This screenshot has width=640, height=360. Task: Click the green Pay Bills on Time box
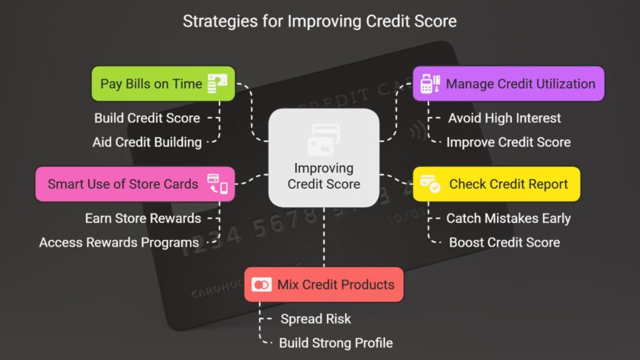click(163, 84)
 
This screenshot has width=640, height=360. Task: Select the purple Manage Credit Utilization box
click(509, 84)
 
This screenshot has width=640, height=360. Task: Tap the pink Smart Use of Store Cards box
click(135, 184)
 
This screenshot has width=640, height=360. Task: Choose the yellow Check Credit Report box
click(496, 184)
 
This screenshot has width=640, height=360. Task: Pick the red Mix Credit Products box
click(324, 284)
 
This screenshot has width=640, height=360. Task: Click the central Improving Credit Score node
click(324, 157)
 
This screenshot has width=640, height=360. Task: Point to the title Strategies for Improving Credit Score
click(319, 21)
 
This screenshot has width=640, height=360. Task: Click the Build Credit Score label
click(147, 118)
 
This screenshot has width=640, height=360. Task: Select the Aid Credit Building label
click(147, 142)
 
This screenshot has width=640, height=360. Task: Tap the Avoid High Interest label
click(504, 118)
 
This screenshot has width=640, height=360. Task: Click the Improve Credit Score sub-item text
click(509, 142)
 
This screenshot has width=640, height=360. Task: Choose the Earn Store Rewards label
click(143, 218)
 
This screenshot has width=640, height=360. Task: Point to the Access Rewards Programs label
click(119, 242)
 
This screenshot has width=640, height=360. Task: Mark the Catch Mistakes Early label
click(509, 218)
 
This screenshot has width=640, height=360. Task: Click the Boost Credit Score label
click(504, 242)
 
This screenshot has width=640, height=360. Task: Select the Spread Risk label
click(316, 319)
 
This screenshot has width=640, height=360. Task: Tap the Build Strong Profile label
click(336, 343)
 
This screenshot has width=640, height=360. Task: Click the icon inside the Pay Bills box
click(217, 83)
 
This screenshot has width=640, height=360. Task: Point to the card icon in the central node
click(324, 140)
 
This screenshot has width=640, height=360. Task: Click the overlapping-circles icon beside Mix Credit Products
click(261, 284)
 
